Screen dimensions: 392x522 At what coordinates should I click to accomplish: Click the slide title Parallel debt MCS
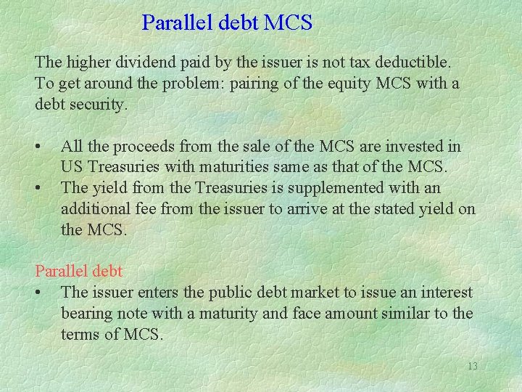coord(227,23)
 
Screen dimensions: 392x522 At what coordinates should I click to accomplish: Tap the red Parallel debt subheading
coord(79,271)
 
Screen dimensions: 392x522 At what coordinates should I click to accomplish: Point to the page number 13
coord(472,366)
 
